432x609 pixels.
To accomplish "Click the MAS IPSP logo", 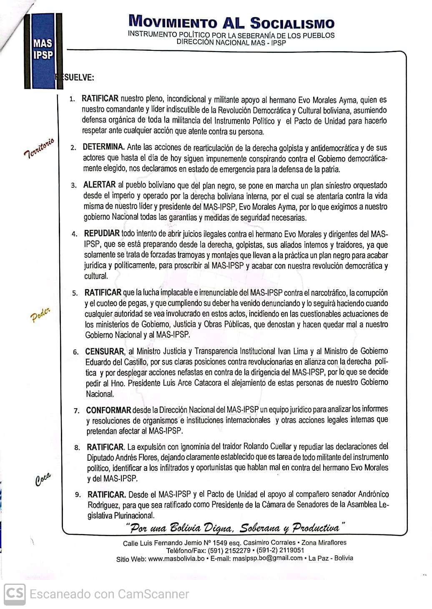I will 43,49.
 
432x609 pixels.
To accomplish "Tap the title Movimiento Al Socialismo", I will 231,21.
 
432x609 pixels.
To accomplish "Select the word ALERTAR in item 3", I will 99,185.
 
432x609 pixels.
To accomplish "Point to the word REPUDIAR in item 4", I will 102,233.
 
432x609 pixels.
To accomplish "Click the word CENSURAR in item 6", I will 105,352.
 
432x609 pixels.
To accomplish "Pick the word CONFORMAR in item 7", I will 108,410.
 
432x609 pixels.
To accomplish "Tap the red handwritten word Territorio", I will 39,148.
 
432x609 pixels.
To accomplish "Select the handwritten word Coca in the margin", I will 43,479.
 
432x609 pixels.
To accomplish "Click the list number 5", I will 75,293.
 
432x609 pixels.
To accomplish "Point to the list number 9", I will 78,495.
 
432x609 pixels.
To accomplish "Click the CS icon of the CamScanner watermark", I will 14,594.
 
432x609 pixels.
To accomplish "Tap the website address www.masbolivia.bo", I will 176,559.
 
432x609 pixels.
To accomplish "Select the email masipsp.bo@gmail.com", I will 267,559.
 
